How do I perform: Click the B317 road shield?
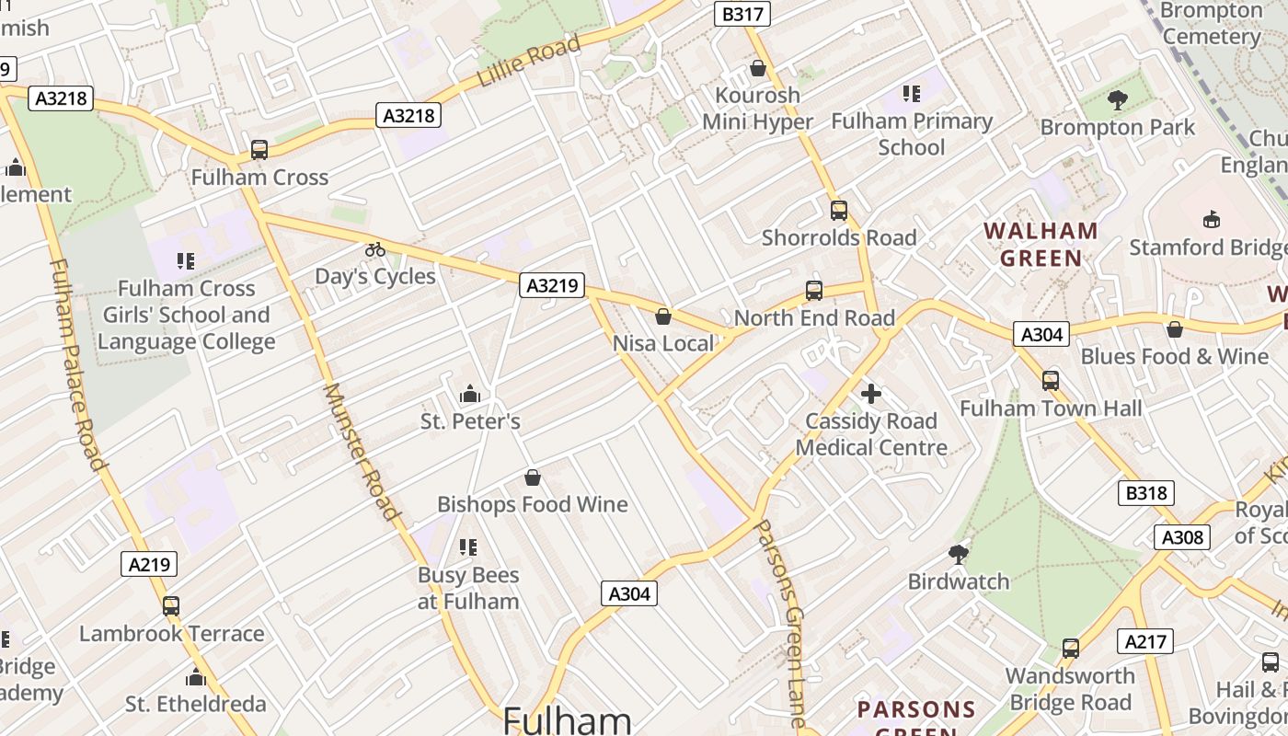pyautogui.click(x=742, y=14)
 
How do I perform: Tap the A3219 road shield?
pyautogui.click(x=552, y=286)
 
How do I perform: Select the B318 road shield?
pyautogui.click(x=1146, y=493)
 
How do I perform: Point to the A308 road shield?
pyautogui.click(x=1182, y=537)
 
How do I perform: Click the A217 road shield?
pyautogui.click(x=1145, y=641)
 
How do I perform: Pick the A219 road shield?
pyautogui.click(x=149, y=564)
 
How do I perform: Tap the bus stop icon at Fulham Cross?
pyautogui.click(x=259, y=150)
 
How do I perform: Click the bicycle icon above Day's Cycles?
pyautogui.click(x=375, y=248)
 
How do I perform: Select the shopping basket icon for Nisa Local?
pyautogui.click(x=663, y=317)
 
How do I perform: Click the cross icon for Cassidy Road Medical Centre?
pyautogui.click(x=871, y=395)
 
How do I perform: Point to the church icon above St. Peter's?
pyautogui.click(x=470, y=395)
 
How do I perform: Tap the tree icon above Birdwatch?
pyautogui.click(x=959, y=554)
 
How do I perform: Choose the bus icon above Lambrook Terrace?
pyautogui.click(x=171, y=606)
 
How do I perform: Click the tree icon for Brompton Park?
pyautogui.click(x=1118, y=100)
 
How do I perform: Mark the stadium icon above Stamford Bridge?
pyautogui.click(x=1212, y=220)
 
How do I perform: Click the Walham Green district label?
pyautogui.click(x=1041, y=245)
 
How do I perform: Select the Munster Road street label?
pyautogui.click(x=362, y=452)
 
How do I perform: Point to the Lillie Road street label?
pyautogui.click(x=529, y=62)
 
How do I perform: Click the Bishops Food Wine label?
pyautogui.click(x=532, y=504)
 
